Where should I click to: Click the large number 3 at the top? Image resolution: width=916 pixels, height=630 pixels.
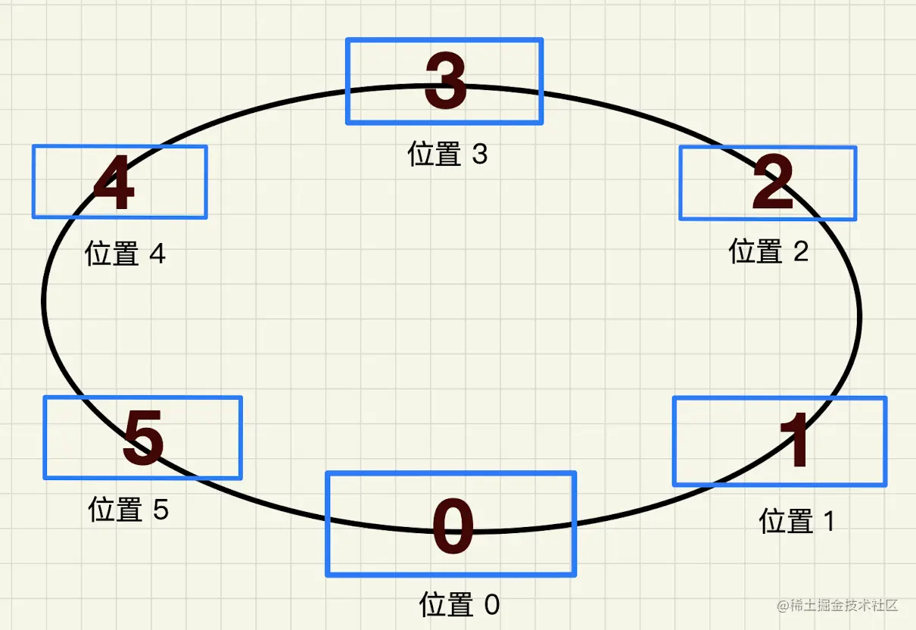445,81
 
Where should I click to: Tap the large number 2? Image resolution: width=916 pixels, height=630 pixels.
773,184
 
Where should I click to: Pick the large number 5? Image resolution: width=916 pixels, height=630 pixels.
143,438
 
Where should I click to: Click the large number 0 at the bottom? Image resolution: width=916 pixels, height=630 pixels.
453,527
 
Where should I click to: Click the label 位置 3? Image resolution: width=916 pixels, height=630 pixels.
447,154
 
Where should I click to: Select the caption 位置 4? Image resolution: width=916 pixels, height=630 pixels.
125,254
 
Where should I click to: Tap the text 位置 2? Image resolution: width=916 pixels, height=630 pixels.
768,251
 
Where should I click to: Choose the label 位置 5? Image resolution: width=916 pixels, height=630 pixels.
128,510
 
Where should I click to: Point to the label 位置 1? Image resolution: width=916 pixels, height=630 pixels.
796,522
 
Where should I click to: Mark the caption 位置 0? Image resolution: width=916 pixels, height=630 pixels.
460,605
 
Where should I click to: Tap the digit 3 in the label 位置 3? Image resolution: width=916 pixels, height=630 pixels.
480,154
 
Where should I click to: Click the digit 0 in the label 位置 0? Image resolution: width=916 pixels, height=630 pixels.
491,605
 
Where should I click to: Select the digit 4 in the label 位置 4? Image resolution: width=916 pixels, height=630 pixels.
157,254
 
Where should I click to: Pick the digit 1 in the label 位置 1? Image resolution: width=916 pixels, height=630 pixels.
827,522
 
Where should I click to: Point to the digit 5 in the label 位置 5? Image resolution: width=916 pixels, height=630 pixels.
160,510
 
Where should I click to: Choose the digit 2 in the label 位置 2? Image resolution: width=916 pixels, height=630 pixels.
801,251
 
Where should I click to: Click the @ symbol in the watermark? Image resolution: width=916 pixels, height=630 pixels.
782,606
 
